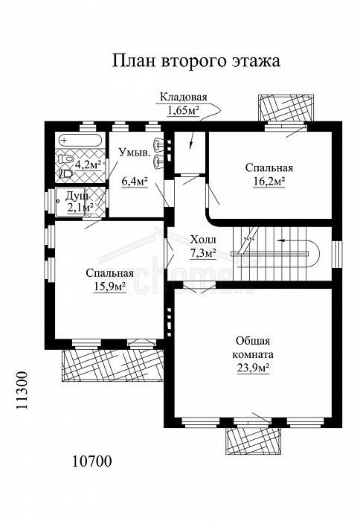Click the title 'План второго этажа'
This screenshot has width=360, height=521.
click(x=196, y=61)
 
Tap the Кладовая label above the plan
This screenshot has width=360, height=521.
click(x=183, y=97)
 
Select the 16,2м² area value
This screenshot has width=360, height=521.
click(x=269, y=182)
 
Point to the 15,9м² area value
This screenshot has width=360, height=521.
click(x=109, y=286)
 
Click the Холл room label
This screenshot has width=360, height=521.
click(x=203, y=240)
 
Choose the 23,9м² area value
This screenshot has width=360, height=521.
click(x=253, y=368)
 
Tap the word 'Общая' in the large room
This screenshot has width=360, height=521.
click(x=253, y=341)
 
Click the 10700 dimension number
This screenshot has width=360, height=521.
click(x=92, y=461)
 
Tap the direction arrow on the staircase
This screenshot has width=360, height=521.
click(x=284, y=240)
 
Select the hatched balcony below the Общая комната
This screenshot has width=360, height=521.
click(x=254, y=441)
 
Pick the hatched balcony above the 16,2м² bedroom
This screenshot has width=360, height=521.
click(x=286, y=109)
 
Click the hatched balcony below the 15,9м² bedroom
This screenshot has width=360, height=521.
click(x=112, y=365)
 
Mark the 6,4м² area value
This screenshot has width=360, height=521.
click(x=135, y=182)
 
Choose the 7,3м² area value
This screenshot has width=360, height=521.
click(x=203, y=254)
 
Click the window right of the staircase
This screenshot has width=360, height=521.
click(x=337, y=255)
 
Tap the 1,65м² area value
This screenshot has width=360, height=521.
click(x=183, y=110)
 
